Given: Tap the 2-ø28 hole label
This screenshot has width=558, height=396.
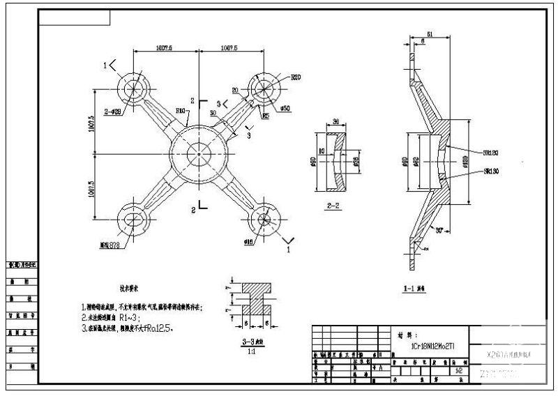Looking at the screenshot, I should pos(113,111).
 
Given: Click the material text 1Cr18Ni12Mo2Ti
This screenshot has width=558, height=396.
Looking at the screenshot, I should pos(432,345).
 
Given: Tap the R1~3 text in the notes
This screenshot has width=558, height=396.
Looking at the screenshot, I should pos(133,316).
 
